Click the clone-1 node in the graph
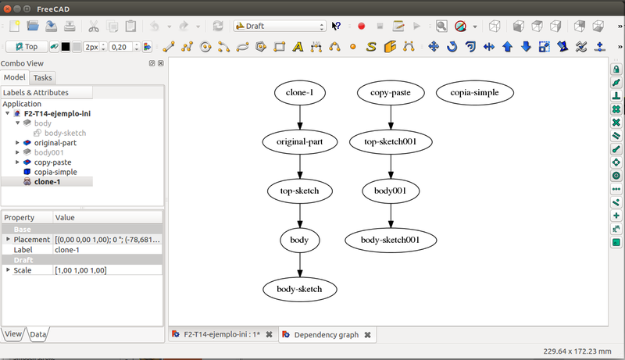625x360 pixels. [x=300, y=94]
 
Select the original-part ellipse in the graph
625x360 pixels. [x=300, y=142]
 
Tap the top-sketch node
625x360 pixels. [x=300, y=191]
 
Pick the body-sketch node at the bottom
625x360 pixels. [x=300, y=289]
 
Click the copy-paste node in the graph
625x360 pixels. [x=391, y=94]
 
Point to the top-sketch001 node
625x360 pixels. [x=391, y=142]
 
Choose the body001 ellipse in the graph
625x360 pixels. [x=391, y=191]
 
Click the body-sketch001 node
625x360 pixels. [x=391, y=239]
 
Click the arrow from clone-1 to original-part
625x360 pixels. [x=300, y=118]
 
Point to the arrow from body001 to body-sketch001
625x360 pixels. [x=391, y=215]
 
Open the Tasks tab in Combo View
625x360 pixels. [x=43, y=77]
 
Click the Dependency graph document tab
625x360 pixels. [x=326, y=335]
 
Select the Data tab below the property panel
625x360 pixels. [x=38, y=334]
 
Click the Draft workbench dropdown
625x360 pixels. [x=280, y=26]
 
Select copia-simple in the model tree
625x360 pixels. [x=55, y=172]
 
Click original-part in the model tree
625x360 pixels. [x=55, y=143]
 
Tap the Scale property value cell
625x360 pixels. [x=108, y=270]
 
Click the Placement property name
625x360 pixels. [x=31, y=239]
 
